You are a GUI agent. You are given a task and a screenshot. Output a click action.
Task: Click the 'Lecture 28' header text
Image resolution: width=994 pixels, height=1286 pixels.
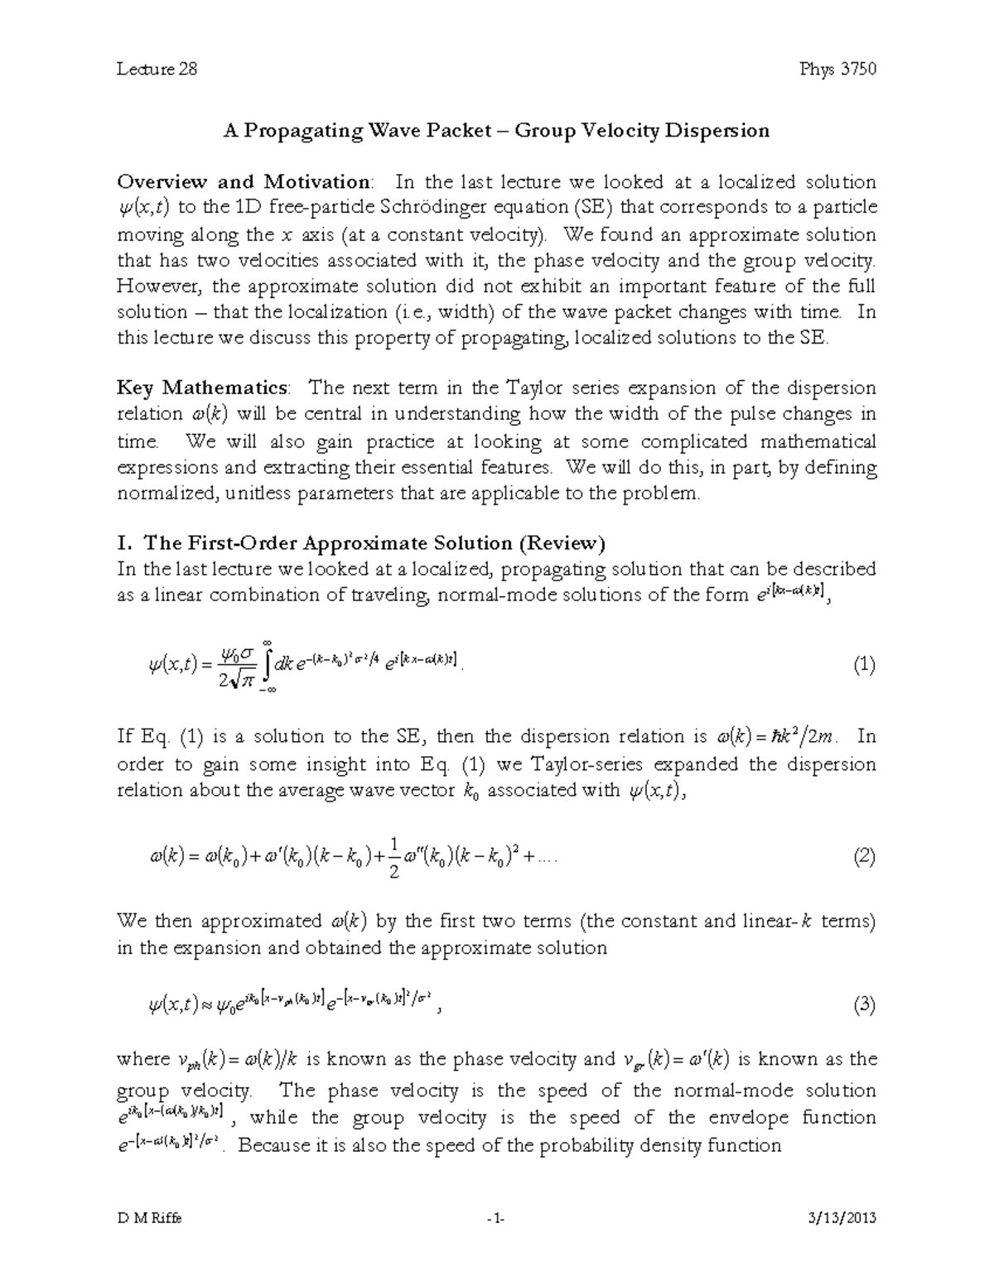157,69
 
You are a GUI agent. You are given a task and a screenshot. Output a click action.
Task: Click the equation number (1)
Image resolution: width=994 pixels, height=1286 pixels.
863,666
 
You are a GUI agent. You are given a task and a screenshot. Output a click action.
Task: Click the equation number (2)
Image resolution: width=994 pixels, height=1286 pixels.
863,858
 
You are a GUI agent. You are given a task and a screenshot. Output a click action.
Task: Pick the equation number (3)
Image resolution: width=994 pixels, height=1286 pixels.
863,1006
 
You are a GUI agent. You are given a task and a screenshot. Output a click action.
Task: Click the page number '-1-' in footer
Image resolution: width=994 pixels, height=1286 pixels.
496,1218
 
